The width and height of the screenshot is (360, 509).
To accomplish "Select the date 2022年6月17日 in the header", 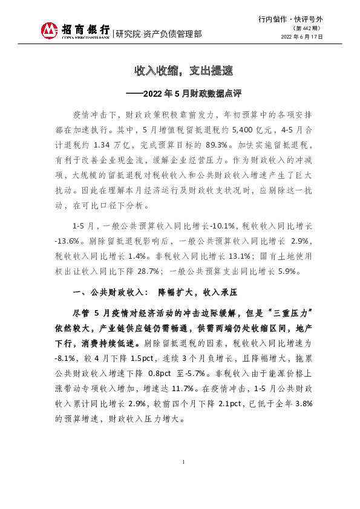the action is coord(303,37).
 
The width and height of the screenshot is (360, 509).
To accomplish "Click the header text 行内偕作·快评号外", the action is coord(290,19).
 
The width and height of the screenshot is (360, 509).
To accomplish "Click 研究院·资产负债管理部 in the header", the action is coord(159,33).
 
